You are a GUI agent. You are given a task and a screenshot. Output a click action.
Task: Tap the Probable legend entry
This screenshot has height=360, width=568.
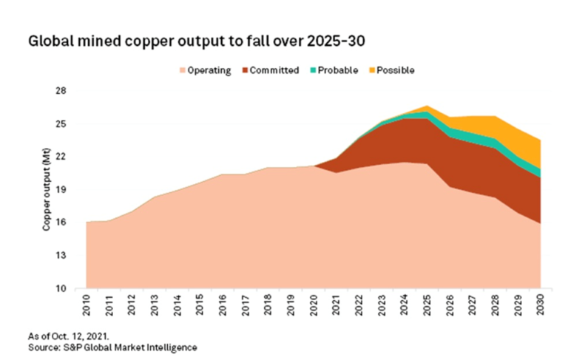(334, 71)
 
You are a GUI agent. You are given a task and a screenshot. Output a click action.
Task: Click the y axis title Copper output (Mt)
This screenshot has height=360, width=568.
(46, 190)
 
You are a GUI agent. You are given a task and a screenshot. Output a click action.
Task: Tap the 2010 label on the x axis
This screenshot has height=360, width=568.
(87, 305)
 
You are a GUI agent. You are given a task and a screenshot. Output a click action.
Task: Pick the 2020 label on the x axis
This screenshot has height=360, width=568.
(314, 305)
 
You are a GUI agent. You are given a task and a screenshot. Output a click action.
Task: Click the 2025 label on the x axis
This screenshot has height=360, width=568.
(427, 305)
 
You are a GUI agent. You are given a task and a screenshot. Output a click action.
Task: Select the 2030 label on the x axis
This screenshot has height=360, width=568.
(540, 305)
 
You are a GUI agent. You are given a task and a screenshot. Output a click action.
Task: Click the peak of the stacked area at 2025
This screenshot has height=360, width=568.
(427, 106)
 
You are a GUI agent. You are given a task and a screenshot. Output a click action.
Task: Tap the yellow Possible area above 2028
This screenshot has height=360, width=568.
(495, 126)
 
